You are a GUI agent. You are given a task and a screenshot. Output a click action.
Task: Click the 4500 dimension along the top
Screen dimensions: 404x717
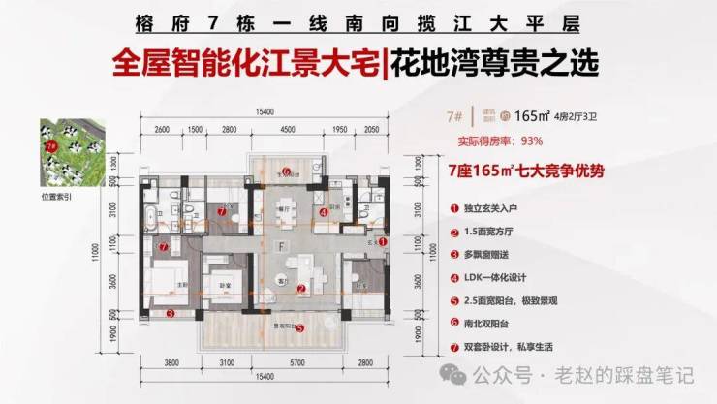coord(288,130)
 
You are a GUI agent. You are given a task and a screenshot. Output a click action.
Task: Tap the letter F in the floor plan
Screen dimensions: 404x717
coord(281,247)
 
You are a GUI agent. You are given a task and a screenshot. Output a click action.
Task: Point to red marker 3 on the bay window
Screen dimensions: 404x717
coord(170,314)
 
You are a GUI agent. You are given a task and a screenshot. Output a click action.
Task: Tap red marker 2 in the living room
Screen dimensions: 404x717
coord(301,289)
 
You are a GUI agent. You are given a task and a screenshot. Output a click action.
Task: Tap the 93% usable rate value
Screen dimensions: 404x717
coord(531,140)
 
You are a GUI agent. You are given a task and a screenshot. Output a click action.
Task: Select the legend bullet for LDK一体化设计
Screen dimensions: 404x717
coord(453,276)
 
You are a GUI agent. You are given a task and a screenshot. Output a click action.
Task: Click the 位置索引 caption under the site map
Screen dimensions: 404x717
coord(57,196)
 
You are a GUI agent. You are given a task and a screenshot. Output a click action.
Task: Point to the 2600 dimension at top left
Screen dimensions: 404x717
coord(162,130)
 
